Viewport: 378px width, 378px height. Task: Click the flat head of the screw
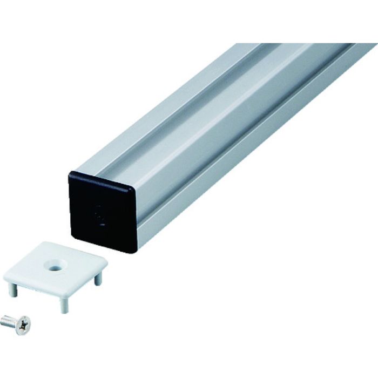23,325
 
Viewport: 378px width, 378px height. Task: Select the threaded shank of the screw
8,321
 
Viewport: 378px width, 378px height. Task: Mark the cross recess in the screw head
23,325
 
